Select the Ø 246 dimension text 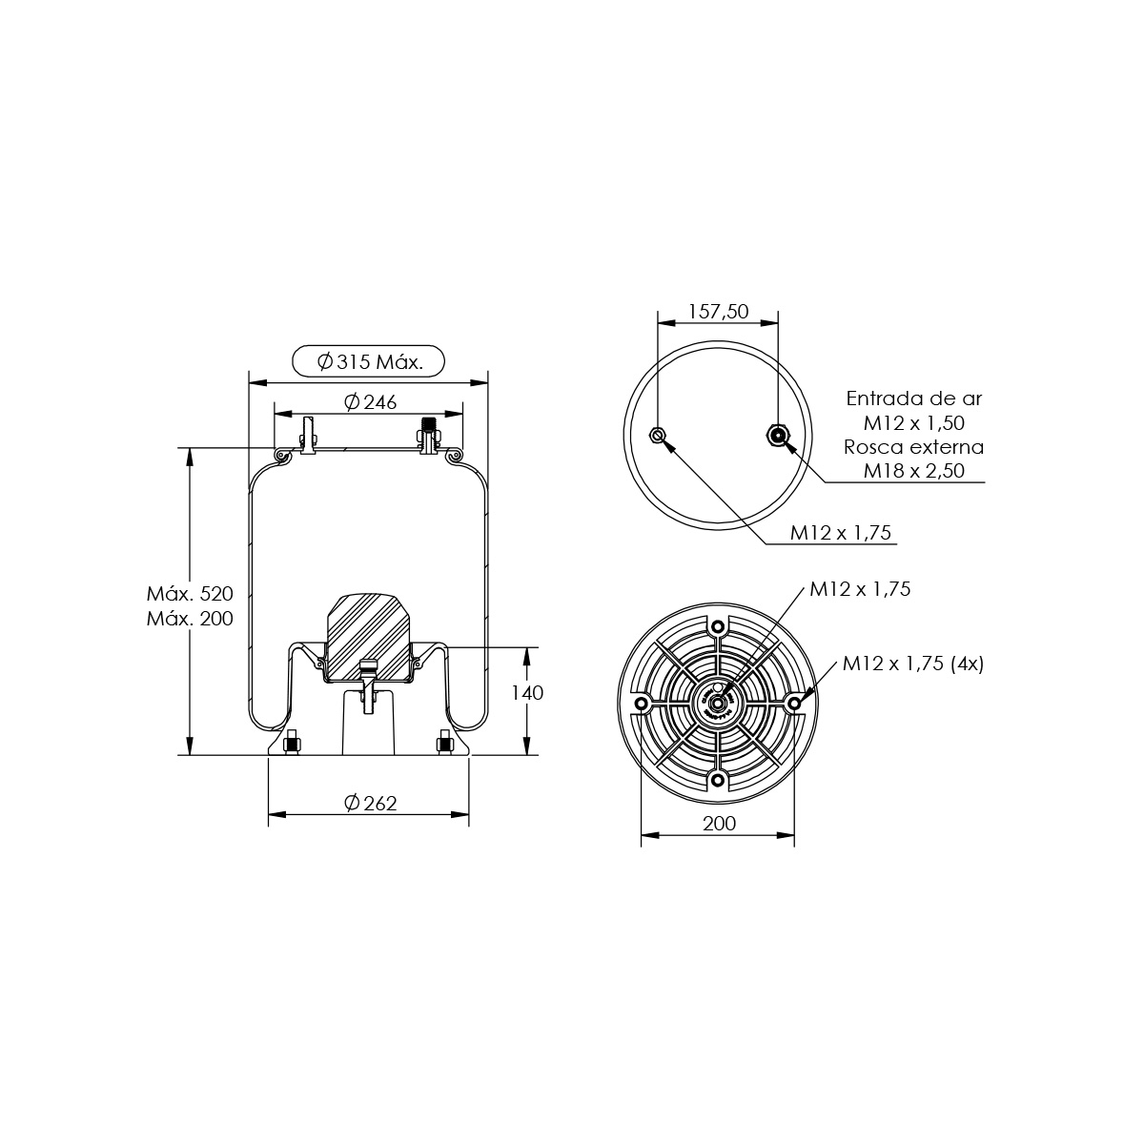(371, 402)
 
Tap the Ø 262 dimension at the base (371, 803)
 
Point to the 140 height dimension (527, 692)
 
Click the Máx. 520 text (190, 593)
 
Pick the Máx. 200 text (190, 618)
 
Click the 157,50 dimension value (719, 311)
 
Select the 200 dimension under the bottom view (719, 823)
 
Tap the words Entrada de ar (914, 398)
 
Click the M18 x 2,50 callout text (914, 470)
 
